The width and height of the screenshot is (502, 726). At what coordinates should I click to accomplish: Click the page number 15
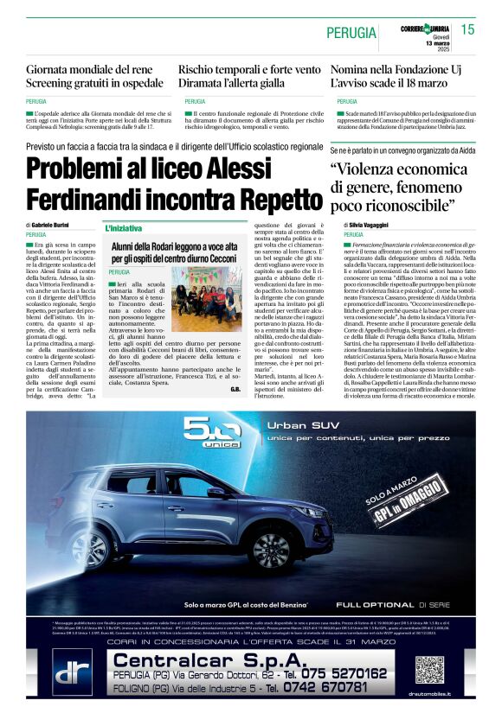(x=467, y=30)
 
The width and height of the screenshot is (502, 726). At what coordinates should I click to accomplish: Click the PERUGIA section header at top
(x=351, y=33)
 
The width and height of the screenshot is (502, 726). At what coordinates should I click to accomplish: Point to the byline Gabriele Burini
(x=54, y=225)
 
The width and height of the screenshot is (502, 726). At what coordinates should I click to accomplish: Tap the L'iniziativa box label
(x=125, y=229)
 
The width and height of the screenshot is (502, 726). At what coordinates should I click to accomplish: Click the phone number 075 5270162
(x=339, y=673)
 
